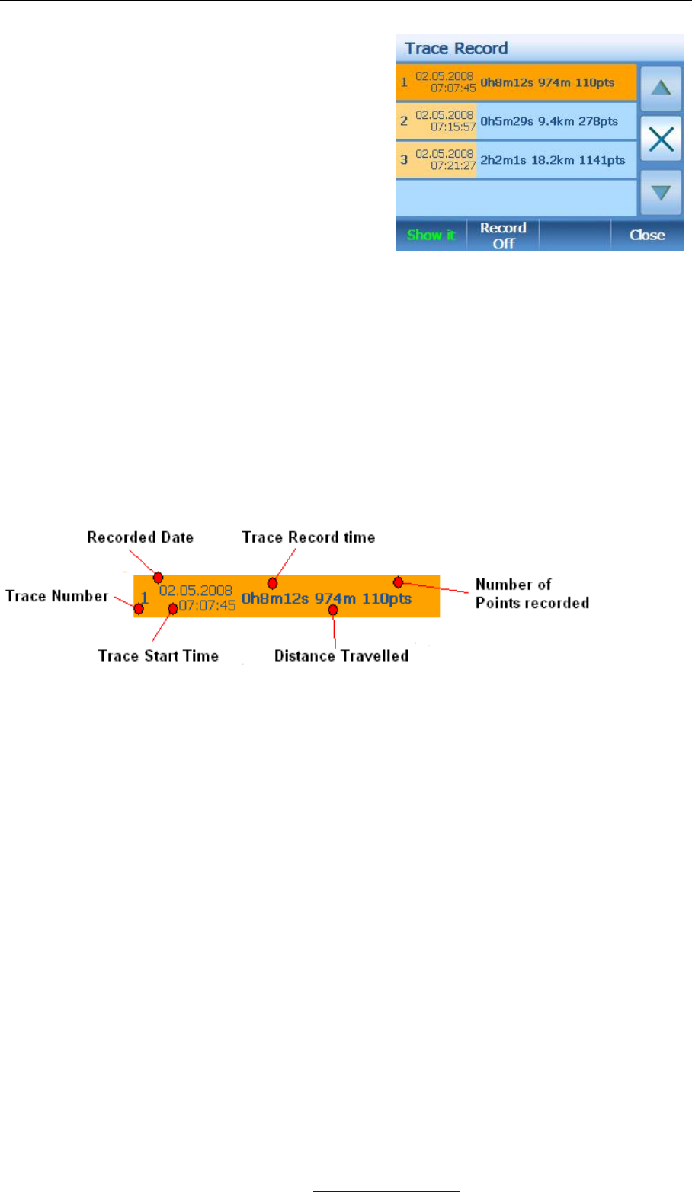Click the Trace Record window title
tap(456, 49)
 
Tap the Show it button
tap(431, 235)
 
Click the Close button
tap(647, 235)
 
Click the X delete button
tap(661, 139)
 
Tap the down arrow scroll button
tap(661, 192)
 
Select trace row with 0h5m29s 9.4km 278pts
tap(549, 122)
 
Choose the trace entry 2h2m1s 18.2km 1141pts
tap(553, 160)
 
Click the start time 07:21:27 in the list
tap(453, 165)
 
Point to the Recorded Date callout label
tap(140, 537)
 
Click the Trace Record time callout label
tap(309, 537)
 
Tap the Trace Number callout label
tap(56, 596)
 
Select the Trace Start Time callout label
tap(159, 656)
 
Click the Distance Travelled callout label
tap(341, 656)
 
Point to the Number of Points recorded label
tap(532, 594)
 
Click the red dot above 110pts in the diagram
tap(398, 582)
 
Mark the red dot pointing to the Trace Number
tap(139, 609)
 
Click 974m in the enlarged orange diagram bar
tap(335, 598)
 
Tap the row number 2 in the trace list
tap(404, 122)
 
